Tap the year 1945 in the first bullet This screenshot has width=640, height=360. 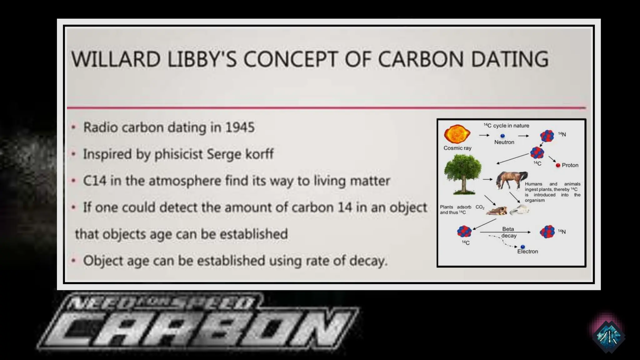[240, 127]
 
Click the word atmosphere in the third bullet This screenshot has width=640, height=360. [185, 181]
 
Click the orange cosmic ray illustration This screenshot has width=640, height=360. [457, 134]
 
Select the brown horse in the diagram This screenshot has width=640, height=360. [512, 180]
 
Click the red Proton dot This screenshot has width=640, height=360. [558, 165]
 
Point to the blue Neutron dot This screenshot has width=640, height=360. [502, 136]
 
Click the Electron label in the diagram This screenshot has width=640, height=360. [527, 252]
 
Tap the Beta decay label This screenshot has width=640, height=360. [508, 232]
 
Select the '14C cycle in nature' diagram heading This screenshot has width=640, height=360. [507, 126]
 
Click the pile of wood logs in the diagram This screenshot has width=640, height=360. [497, 211]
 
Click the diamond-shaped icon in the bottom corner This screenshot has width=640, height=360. [608, 336]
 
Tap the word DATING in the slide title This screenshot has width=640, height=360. [509, 59]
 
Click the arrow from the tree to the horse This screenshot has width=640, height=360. [487, 179]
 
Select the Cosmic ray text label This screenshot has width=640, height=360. [457, 148]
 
